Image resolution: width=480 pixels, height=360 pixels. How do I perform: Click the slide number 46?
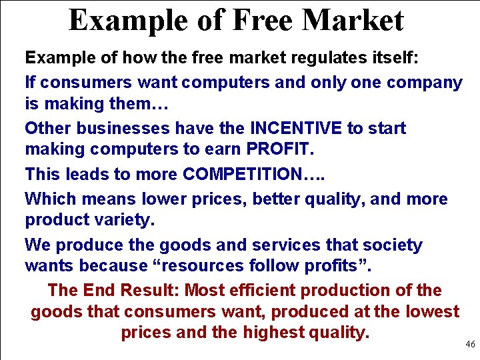[x=470, y=345]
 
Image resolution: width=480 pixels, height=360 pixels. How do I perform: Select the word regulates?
[x=326, y=58]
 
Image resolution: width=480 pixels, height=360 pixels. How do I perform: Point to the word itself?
[x=394, y=58]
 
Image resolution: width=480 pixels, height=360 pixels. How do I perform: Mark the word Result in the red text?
[x=153, y=290]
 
